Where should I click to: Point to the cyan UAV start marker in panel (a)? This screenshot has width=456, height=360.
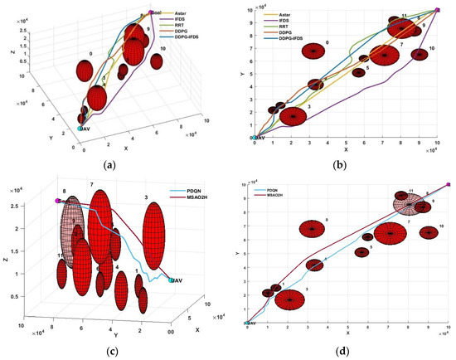80,129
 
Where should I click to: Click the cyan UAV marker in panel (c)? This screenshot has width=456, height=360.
172,280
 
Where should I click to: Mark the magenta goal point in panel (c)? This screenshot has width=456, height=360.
57,201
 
